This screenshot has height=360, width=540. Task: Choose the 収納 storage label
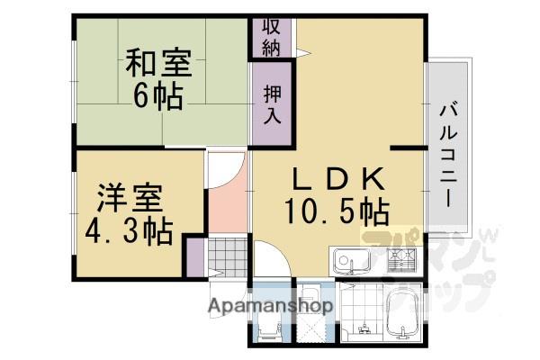[271, 37]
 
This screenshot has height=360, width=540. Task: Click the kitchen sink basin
[351, 263]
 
